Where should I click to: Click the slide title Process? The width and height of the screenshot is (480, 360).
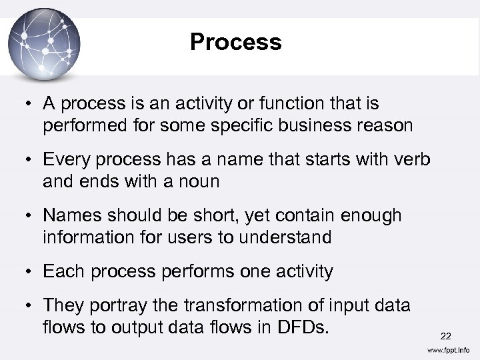235,42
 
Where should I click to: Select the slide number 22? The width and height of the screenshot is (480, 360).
445,337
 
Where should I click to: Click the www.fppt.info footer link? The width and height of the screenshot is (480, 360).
447,350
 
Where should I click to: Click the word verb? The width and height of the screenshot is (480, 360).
411,159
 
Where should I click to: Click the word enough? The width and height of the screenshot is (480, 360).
371,215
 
